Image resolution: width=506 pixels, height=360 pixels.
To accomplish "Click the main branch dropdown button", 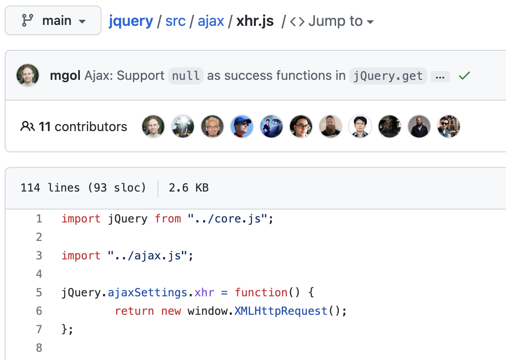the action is click(x=53, y=21).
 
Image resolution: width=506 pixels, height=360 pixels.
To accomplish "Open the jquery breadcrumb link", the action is click(x=131, y=21).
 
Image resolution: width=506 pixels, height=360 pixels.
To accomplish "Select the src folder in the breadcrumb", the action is click(x=175, y=21).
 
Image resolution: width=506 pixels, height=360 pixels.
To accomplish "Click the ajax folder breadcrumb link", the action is click(x=211, y=21).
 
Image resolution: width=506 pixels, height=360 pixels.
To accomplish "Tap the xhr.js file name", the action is click(x=255, y=21).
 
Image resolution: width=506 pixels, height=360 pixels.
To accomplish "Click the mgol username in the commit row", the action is click(x=65, y=76).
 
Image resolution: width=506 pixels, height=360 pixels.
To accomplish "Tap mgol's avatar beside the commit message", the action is click(x=28, y=75).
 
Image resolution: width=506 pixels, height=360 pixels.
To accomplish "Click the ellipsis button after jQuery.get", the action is click(x=440, y=77).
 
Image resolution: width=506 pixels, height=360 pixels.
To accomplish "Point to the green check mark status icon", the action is click(x=464, y=76).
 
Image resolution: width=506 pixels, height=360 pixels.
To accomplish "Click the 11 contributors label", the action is click(x=74, y=126).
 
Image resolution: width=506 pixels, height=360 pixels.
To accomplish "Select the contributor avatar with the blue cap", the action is click(x=242, y=126).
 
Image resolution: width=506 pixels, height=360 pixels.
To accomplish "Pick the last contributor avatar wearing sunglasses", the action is click(x=449, y=126).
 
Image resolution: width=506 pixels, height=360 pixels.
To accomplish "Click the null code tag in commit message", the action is click(x=186, y=76).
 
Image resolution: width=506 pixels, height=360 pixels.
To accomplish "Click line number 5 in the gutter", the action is click(x=39, y=293).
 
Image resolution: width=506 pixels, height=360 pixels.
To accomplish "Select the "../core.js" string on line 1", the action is click(x=227, y=219).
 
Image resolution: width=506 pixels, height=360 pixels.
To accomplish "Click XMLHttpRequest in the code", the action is click(x=281, y=311).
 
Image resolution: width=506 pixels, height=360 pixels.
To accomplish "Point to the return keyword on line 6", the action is click(x=134, y=311).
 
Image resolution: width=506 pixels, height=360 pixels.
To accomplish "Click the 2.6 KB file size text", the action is click(x=188, y=188).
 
